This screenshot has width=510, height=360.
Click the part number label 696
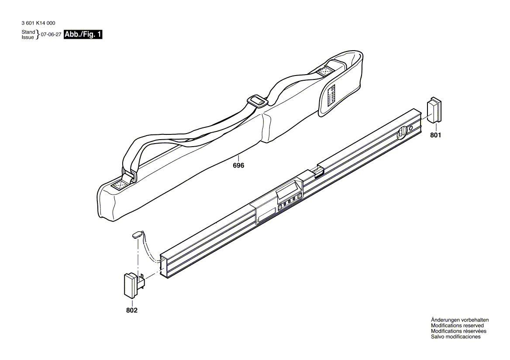click(238, 165)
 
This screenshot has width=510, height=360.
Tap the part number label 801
click(435, 135)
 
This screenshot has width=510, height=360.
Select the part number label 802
click(132, 310)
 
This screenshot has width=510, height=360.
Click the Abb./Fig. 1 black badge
click(83, 35)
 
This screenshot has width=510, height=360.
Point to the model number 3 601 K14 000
click(38, 24)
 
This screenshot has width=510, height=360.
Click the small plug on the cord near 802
click(136, 234)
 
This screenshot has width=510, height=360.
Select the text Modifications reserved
click(457, 326)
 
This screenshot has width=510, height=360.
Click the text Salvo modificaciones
click(455, 337)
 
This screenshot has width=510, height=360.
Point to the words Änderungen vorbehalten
click(459, 320)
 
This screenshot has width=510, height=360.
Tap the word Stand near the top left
click(28, 32)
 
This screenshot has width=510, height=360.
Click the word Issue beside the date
click(28, 38)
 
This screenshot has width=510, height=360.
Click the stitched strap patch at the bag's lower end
click(120, 185)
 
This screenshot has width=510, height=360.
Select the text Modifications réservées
click(458, 331)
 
